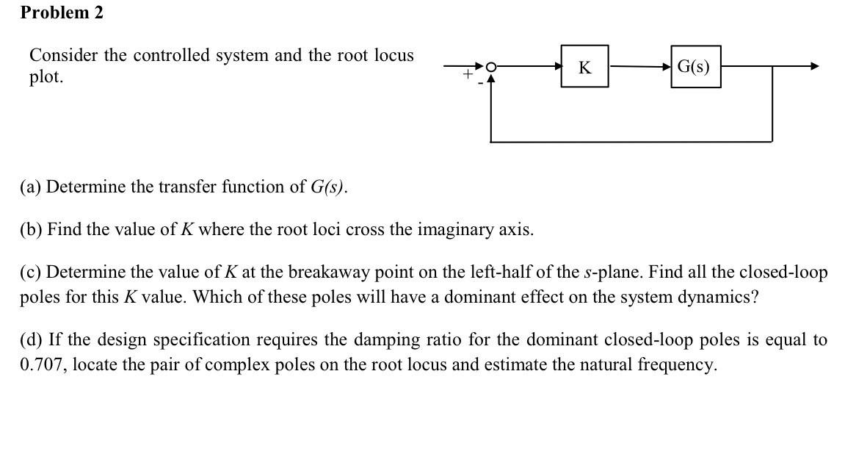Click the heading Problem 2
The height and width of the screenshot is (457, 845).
(62, 12)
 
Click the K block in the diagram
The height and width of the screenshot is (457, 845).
(584, 67)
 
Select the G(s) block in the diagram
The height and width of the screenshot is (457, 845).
(695, 67)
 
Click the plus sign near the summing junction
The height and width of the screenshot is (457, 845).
(466, 74)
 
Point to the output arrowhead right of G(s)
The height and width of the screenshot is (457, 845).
(813, 67)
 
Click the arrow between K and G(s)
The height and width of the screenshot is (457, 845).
(639, 67)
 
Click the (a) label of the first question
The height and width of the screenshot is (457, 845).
(31, 187)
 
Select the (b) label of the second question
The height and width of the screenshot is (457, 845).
(32, 229)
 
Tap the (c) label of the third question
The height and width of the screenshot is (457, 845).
(31, 272)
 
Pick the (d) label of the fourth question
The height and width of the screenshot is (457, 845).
(32, 339)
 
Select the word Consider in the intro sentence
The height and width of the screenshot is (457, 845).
(61, 55)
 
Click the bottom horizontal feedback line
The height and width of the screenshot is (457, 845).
(631, 141)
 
